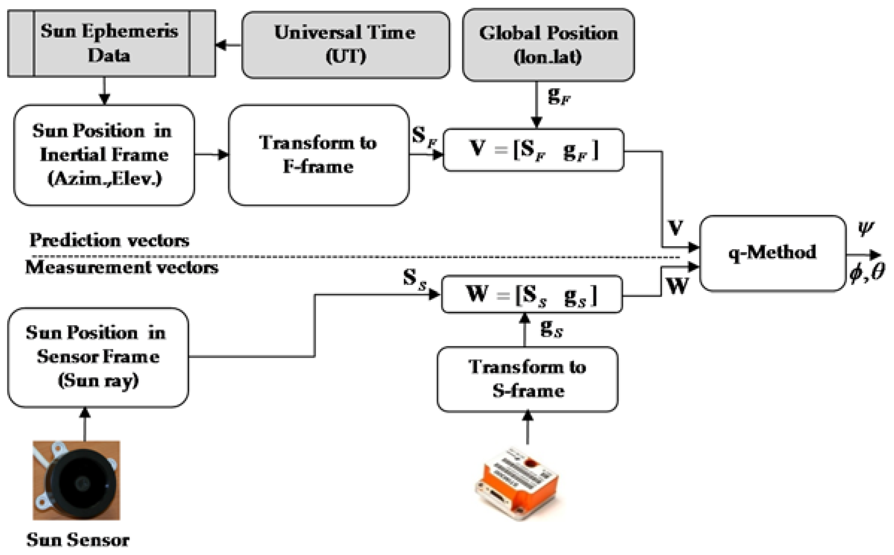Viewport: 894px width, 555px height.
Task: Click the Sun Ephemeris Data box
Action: (x=111, y=44)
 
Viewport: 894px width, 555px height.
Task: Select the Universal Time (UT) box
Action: (x=345, y=45)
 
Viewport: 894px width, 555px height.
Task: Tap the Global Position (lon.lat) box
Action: (x=548, y=45)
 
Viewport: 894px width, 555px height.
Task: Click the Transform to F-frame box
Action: (x=318, y=155)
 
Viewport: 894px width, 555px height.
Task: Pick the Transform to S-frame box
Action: (x=527, y=379)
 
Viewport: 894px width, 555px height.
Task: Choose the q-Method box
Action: (x=772, y=253)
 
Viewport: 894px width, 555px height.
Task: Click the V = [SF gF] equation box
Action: (x=533, y=150)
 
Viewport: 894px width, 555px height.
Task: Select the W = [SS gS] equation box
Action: (x=532, y=294)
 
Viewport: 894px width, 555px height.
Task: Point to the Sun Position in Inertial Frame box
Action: (x=104, y=155)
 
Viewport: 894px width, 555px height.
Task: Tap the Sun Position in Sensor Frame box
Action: (x=98, y=357)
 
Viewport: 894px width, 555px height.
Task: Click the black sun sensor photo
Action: (x=76, y=480)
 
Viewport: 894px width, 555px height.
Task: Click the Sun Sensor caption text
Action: (x=78, y=540)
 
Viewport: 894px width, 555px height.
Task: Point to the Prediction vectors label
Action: (x=109, y=240)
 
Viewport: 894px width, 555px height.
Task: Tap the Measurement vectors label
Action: (x=122, y=267)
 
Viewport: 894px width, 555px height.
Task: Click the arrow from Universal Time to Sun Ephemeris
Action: (x=228, y=46)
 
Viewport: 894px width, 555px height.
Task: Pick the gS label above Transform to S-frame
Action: (x=551, y=329)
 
